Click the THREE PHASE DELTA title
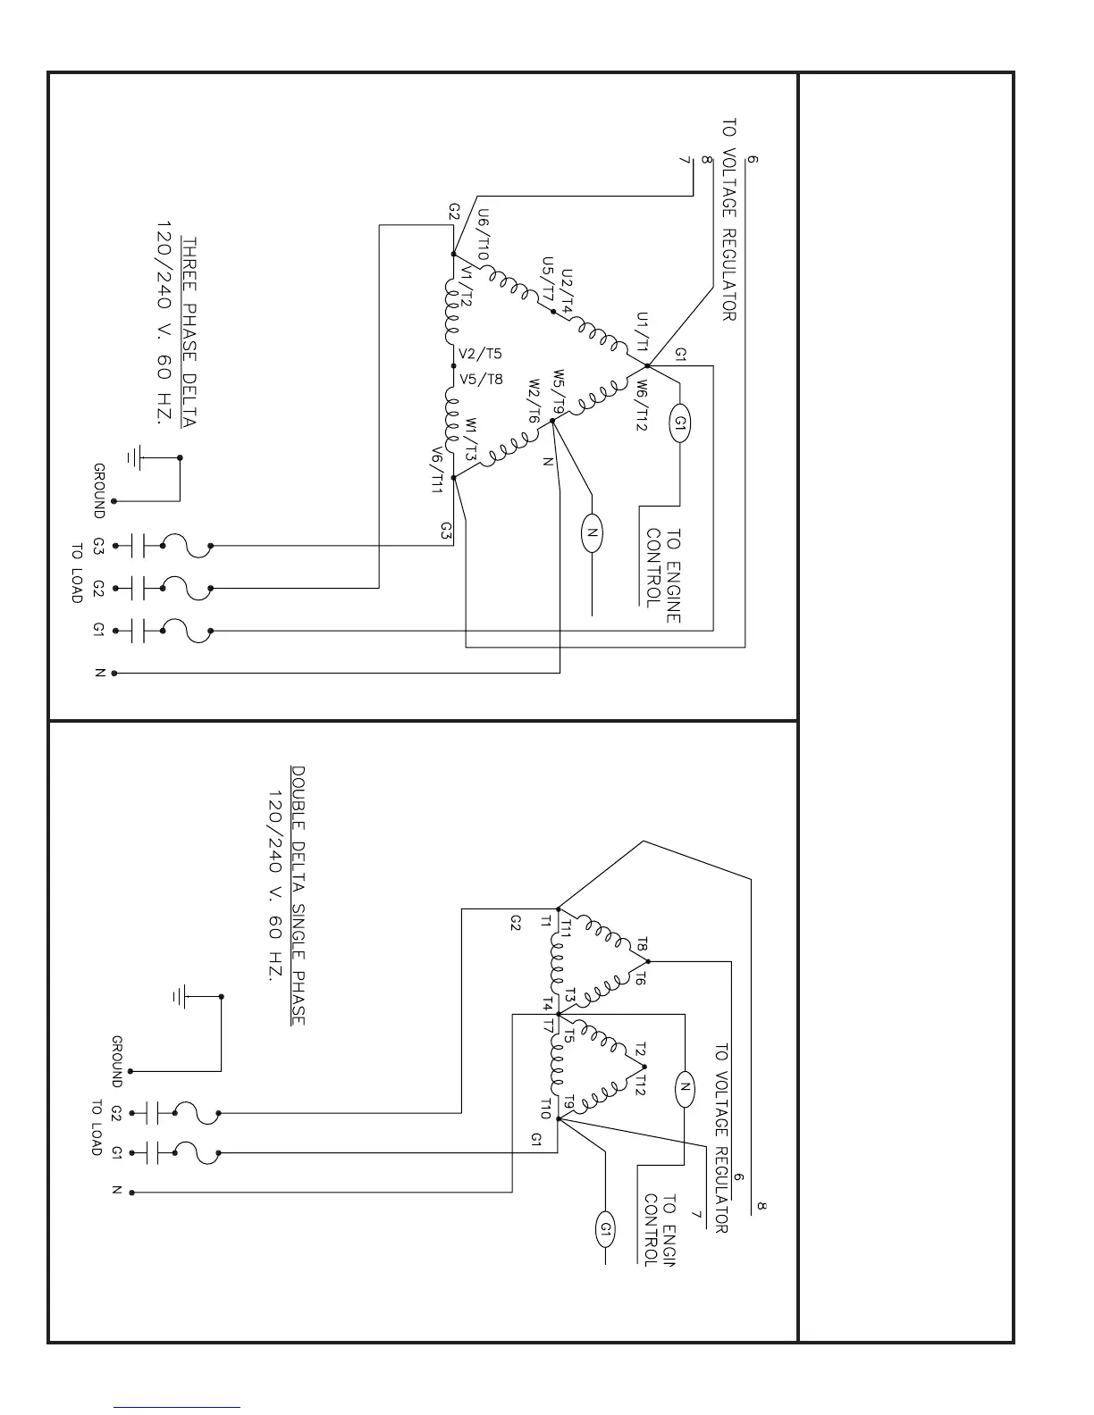pos(189,331)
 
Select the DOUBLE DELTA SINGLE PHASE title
pos(299,895)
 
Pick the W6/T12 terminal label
pos(641,406)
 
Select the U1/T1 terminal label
pos(642,332)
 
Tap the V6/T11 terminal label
pos(437,471)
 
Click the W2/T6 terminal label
pos(533,403)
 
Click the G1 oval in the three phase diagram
pos(680,422)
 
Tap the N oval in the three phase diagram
pos(592,534)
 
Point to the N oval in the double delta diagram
pos(684,1087)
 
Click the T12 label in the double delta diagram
pos(640,1084)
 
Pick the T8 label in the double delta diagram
pos(641,945)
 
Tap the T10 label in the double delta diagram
pos(545,1109)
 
